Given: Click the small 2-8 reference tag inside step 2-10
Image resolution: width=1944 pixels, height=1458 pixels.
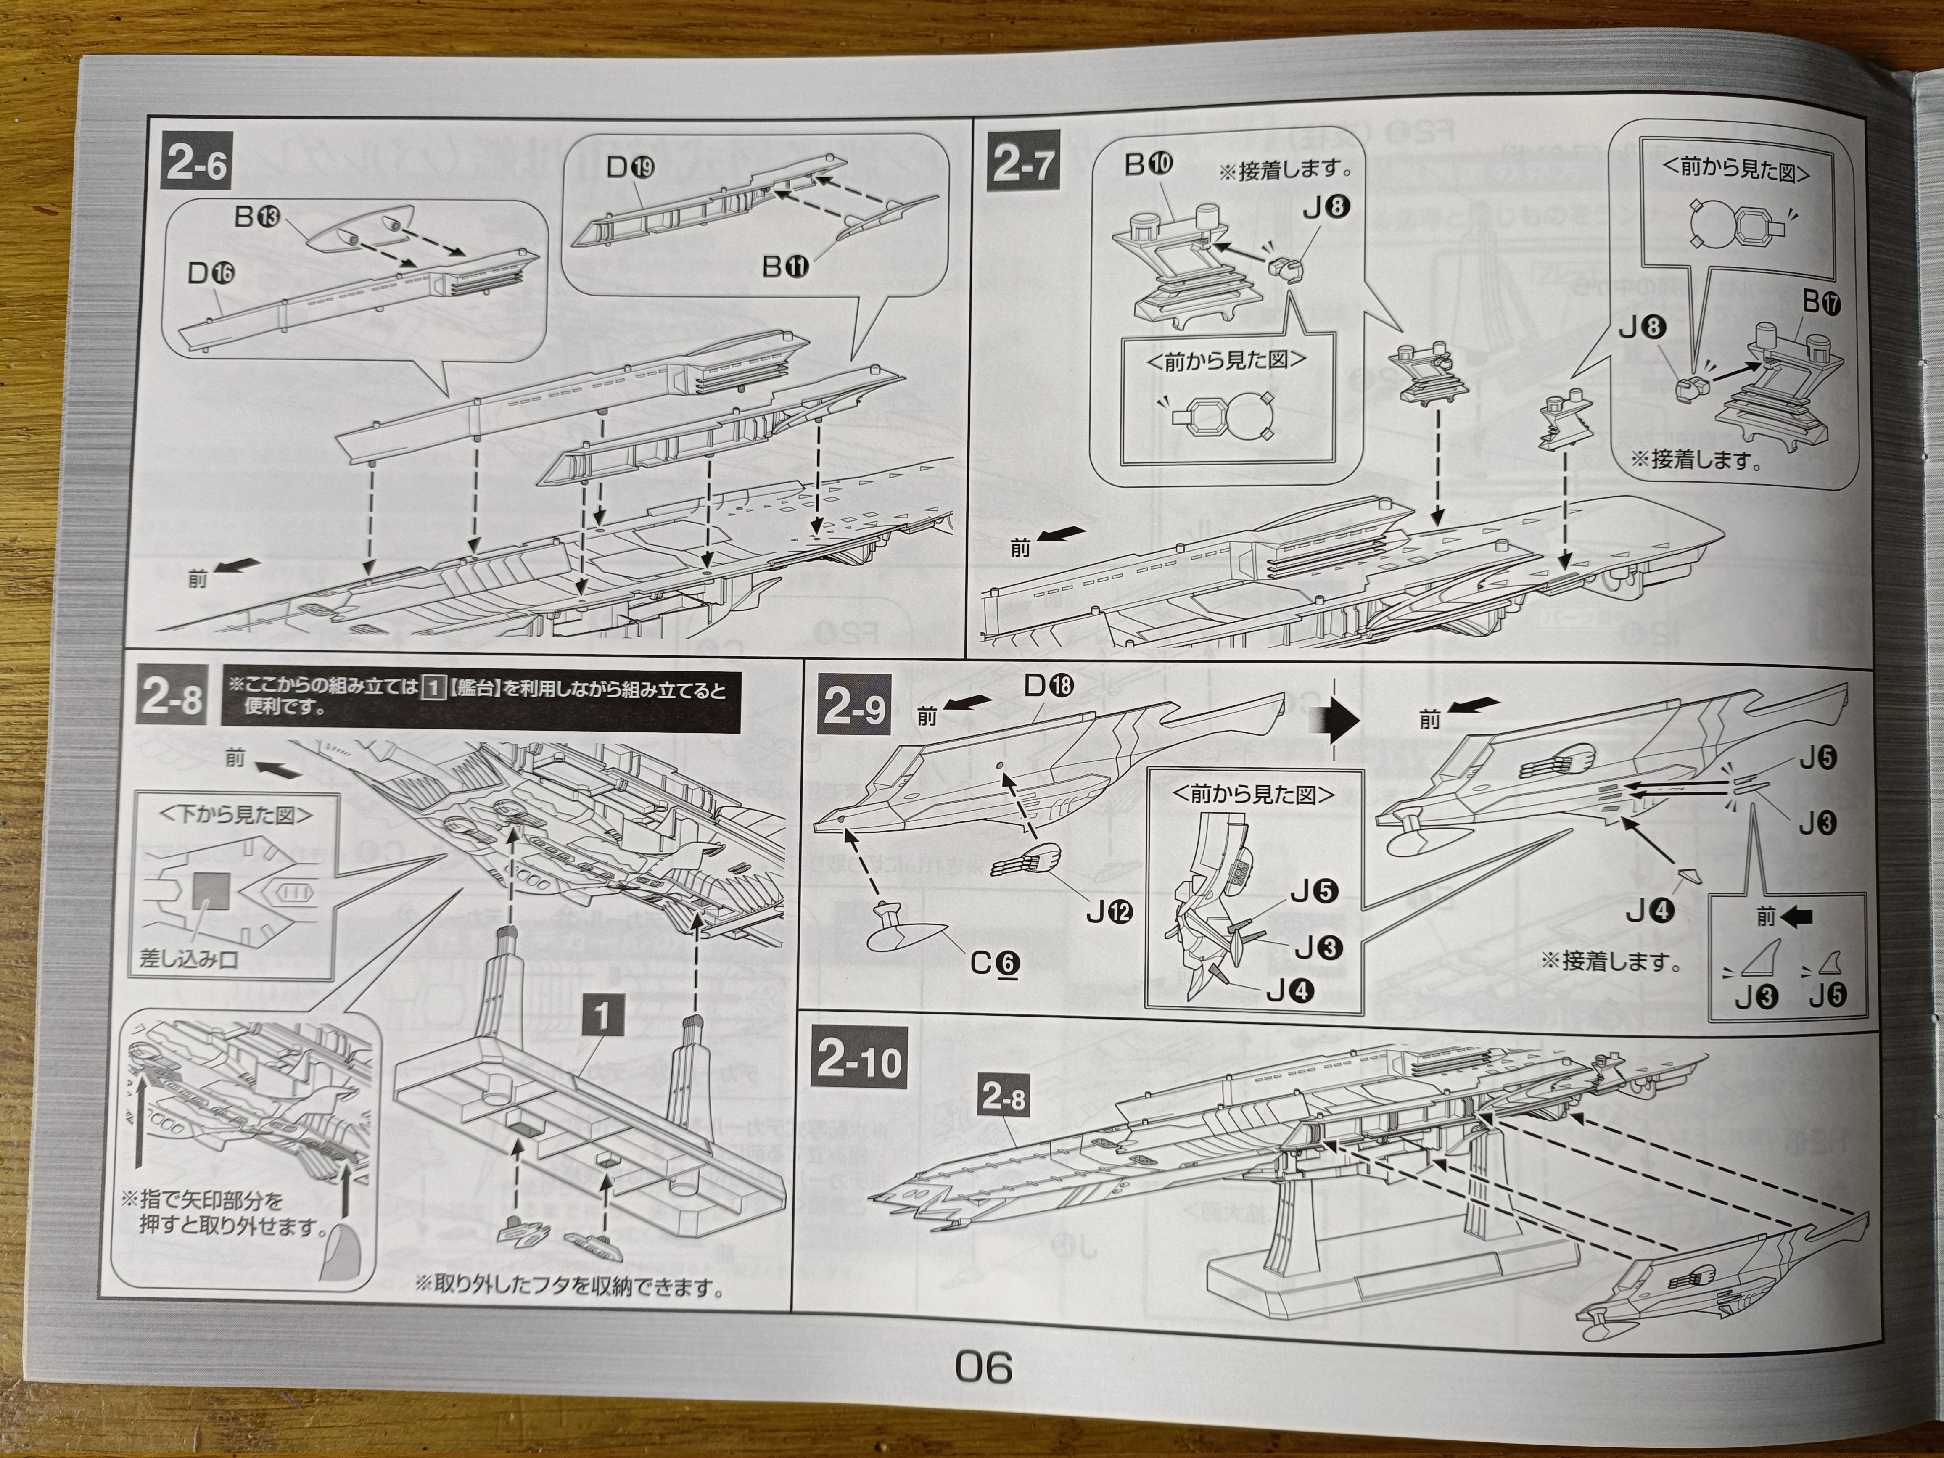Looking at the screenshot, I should click(1004, 1097).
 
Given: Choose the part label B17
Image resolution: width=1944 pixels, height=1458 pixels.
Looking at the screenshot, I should click(1821, 302).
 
